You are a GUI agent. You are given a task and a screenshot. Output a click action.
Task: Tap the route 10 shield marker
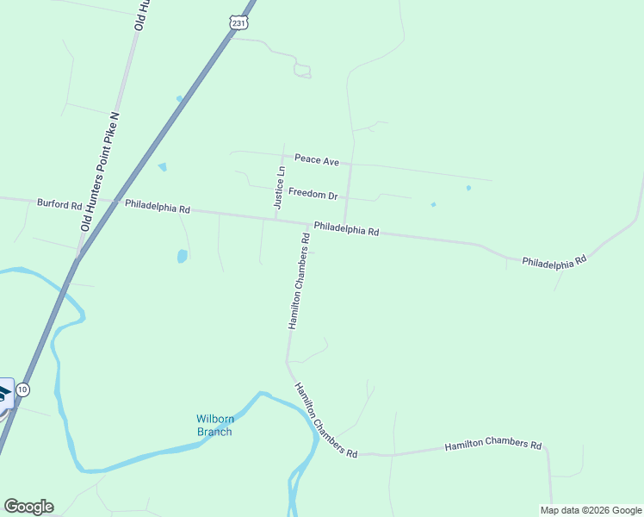pyautogui.click(x=23, y=389)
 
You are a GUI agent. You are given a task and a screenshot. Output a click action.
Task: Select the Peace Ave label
pyautogui.click(x=317, y=159)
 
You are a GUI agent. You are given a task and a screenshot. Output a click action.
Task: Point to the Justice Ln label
pyautogui.click(x=279, y=187)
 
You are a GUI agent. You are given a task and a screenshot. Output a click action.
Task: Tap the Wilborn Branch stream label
pyautogui.click(x=214, y=426)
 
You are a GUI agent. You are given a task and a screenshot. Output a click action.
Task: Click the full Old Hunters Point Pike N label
pyautogui.click(x=99, y=171)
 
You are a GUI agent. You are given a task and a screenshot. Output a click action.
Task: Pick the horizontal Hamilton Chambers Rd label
pyautogui.click(x=493, y=445)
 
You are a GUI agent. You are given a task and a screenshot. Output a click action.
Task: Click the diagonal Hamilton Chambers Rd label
pyautogui.click(x=325, y=420)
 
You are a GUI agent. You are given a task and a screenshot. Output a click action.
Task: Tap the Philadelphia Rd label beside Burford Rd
pyautogui.click(x=157, y=208)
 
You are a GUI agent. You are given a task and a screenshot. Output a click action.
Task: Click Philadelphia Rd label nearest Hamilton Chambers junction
pyautogui.click(x=346, y=229)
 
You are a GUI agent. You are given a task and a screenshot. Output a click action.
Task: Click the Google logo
pyautogui.click(x=28, y=507)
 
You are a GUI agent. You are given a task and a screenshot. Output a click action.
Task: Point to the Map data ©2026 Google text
pyautogui.click(x=591, y=510)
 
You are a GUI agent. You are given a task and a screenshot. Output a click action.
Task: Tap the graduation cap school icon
pyautogui.click(x=4, y=394)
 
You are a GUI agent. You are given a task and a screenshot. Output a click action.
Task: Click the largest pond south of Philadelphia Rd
pyautogui.click(x=182, y=256)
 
